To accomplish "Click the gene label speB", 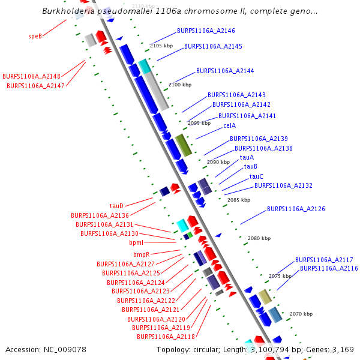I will [35, 37].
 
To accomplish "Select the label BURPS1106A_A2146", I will [206, 30].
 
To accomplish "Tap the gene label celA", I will [229, 126].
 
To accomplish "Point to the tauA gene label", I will [247, 157].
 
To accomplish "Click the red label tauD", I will [116, 206].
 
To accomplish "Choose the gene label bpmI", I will [136, 243].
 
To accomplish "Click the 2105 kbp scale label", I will [161, 46].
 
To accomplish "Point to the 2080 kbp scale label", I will [259, 238].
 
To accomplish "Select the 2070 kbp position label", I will [301, 314].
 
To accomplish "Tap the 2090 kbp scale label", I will [218, 162].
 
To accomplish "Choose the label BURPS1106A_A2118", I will [166, 337].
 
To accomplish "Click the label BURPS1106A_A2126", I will [296, 209].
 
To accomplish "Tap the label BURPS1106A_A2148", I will [31, 77].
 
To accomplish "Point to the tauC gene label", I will [256, 176].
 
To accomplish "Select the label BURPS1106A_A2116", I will [329, 268].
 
